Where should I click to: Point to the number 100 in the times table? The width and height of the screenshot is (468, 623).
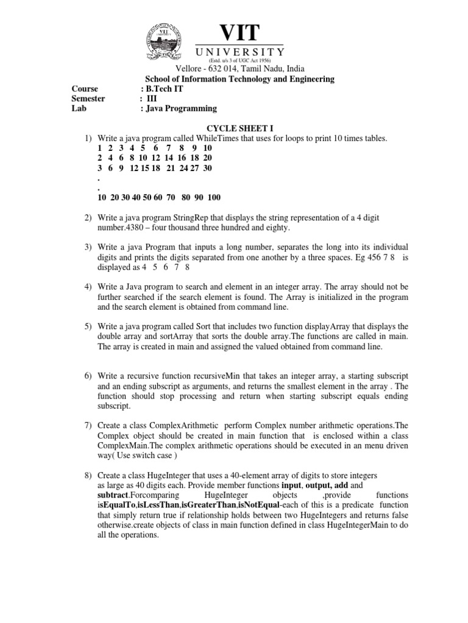coord(213,197)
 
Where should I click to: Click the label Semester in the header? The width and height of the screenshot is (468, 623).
coord(88,99)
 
